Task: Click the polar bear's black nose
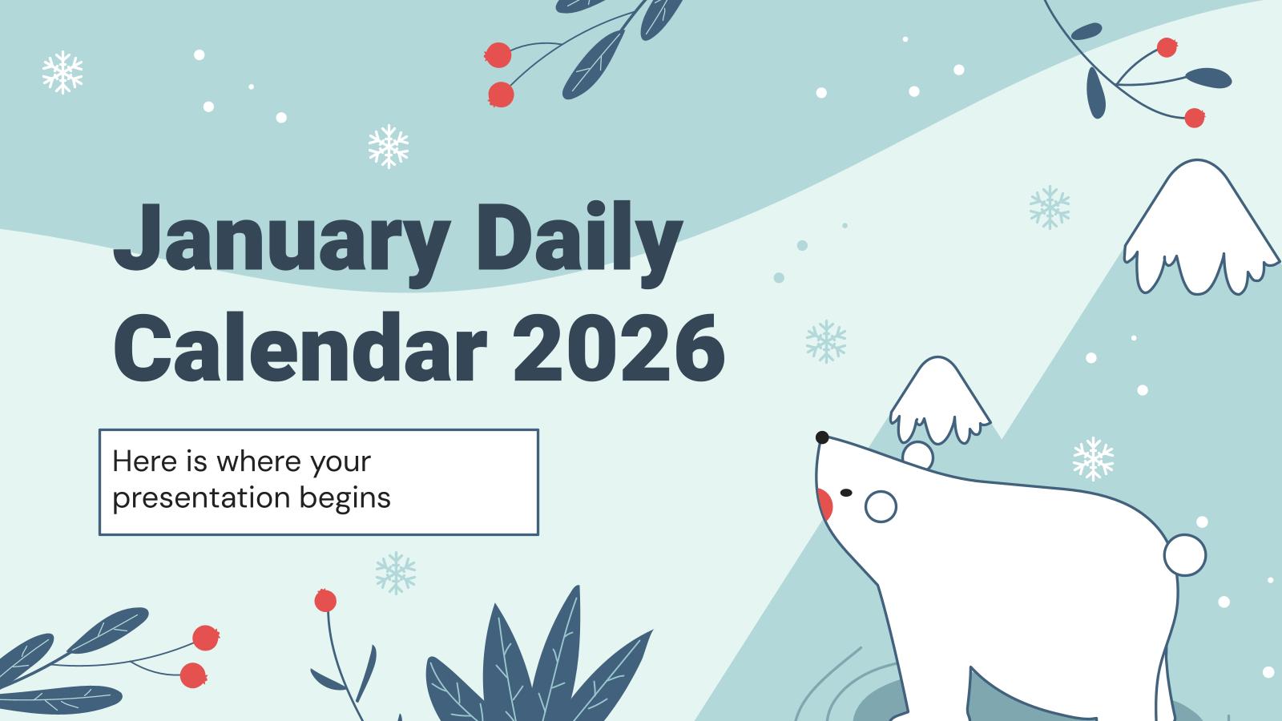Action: click(x=821, y=437)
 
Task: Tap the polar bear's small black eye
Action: click(x=846, y=493)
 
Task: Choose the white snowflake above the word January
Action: click(x=389, y=146)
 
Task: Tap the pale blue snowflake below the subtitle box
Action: click(x=396, y=572)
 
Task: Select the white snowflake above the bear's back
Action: click(x=1093, y=458)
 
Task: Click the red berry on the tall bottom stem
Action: click(x=325, y=600)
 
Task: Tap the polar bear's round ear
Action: click(x=917, y=456)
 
